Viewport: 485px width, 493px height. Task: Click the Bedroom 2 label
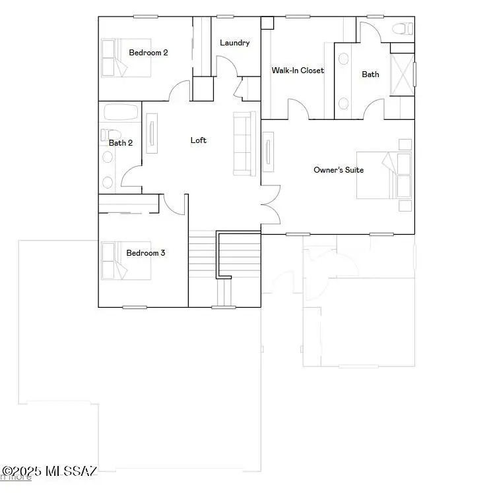148,53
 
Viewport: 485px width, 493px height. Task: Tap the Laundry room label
234,43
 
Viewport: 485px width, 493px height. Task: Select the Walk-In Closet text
298,71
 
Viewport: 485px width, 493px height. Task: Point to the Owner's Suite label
338,170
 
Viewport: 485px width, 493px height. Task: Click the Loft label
198,140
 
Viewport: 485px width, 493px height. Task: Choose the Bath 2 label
121,143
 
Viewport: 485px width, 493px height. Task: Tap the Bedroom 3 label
146,253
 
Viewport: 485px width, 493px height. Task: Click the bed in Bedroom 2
113,57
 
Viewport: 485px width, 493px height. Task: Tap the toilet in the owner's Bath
402,28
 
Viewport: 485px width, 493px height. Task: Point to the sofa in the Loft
244,144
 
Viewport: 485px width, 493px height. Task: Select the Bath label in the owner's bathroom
370,74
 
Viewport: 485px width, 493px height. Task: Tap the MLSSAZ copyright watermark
49,471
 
